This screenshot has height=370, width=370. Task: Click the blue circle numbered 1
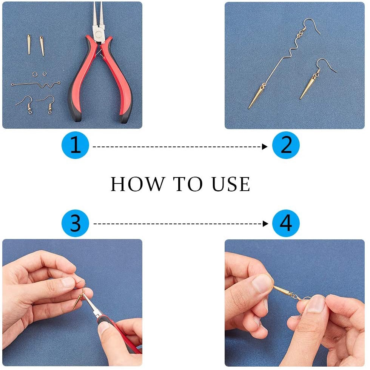[x=75, y=145]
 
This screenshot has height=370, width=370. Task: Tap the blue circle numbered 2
[x=286, y=145]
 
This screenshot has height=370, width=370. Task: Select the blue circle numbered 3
[x=75, y=223]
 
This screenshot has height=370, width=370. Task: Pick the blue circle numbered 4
[x=286, y=223]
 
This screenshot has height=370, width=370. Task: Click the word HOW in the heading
[x=138, y=184]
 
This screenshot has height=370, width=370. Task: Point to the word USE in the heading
[x=231, y=184]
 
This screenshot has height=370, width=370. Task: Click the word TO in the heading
[x=188, y=184]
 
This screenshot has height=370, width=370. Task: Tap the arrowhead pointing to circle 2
[x=265, y=147]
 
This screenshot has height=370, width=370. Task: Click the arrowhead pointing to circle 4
[x=265, y=224]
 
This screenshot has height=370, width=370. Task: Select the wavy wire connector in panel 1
[x=35, y=85]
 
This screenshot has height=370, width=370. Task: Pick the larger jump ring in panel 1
[x=35, y=75]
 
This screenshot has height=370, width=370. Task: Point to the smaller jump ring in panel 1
[x=45, y=74]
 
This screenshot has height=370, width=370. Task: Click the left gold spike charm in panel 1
[x=29, y=45]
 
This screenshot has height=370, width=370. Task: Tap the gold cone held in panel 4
[x=282, y=290]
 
